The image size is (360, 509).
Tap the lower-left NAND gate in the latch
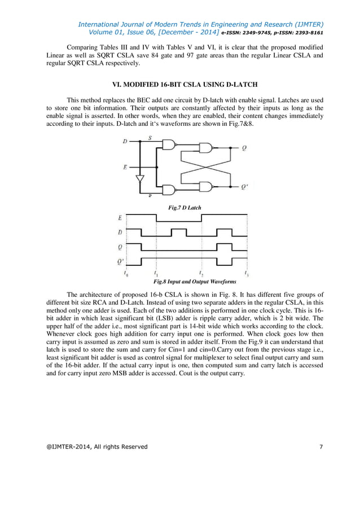169,190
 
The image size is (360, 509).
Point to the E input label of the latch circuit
125,167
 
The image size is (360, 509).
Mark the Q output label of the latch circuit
243,149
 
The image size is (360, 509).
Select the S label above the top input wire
149,137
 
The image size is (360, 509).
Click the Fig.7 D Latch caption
185,208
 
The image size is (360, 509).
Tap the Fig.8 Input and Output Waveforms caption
191,281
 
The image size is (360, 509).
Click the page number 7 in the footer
321,447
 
